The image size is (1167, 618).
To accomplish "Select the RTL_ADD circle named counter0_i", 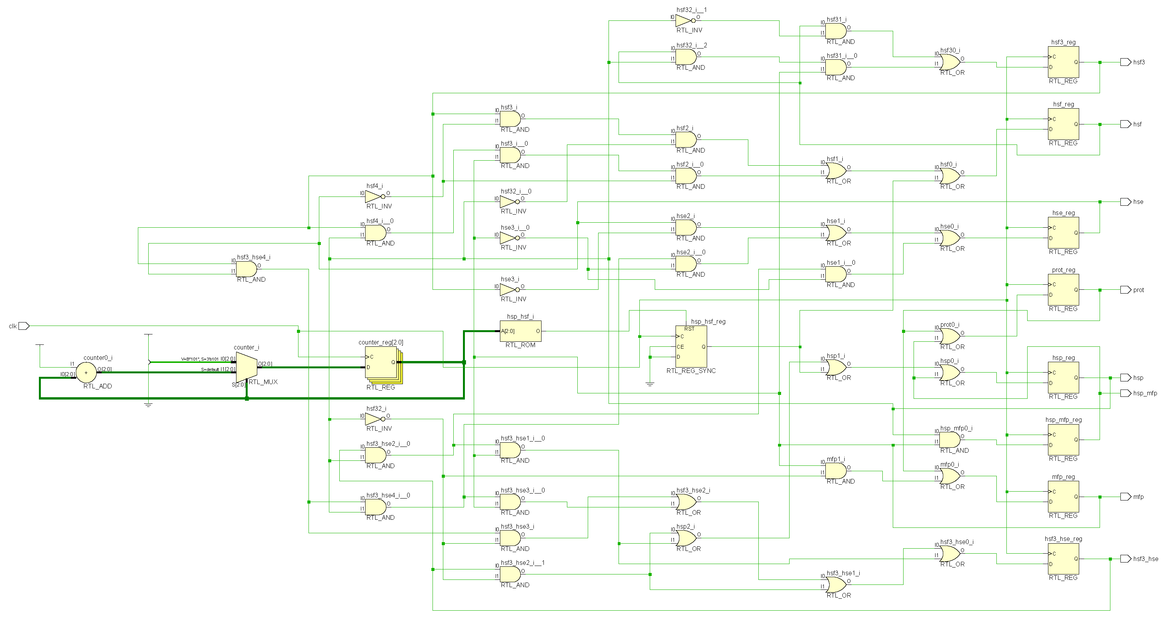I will pos(86,373).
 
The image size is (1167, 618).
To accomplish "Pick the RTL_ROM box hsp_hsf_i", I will pos(520,331).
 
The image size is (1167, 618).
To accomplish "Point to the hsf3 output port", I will pos(1125,62).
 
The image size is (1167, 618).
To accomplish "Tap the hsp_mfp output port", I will pos(1125,393).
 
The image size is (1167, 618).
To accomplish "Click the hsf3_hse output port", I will pos(1125,559).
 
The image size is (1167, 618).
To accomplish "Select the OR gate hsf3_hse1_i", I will pos(836,584).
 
